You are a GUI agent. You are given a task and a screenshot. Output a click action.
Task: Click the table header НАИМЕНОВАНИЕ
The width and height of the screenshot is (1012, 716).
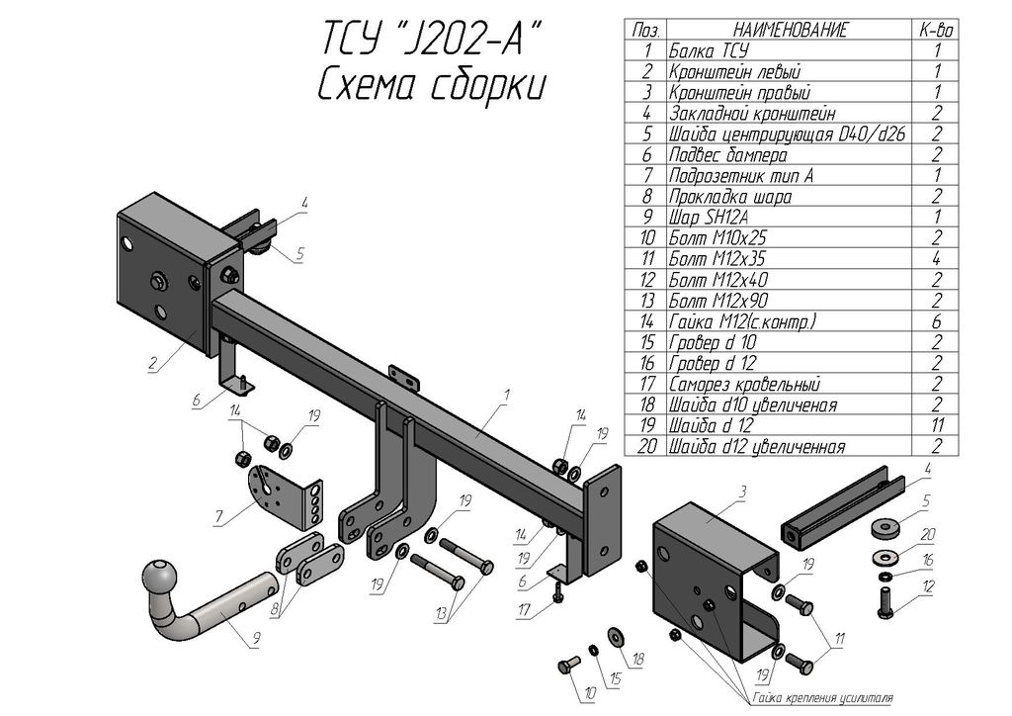(790, 31)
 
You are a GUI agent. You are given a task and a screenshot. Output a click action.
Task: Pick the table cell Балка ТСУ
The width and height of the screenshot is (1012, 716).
(710, 50)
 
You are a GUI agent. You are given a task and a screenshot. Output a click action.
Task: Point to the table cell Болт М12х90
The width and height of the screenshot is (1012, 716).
(718, 301)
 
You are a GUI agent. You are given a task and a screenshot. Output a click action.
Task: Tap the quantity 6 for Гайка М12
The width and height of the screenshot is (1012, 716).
(935, 321)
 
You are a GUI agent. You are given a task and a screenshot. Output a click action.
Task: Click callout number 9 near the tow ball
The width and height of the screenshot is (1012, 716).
(255, 639)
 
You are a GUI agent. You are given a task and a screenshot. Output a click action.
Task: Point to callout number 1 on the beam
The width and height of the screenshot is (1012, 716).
(505, 396)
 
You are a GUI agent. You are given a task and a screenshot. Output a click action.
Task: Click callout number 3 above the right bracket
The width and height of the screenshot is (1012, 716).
(742, 492)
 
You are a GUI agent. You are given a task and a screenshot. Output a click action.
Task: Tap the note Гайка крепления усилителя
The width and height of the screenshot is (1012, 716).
(821, 698)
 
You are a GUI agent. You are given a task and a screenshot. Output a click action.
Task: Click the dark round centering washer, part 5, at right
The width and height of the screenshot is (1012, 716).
(886, 527)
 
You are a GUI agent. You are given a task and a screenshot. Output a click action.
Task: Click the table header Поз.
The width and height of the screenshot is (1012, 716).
(647, 31)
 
